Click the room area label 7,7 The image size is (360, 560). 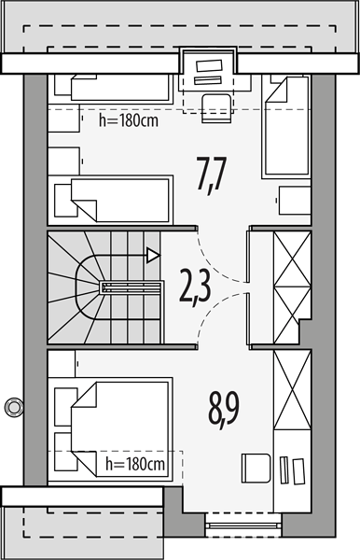pyautogui.click(x=211, y=175)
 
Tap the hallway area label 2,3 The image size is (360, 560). pyautogui.click(x=195, y=287)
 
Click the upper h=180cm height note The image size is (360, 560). pyautogui.click(x=129, y=120)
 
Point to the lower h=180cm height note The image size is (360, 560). pyautogui.click(x=135, y=464)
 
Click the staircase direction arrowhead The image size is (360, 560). pyautogui.click(x=153, y=256)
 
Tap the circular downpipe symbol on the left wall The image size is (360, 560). pyautogui.click(x=14, y=407)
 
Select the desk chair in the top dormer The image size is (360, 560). pyautogui.click(x=216, y=108)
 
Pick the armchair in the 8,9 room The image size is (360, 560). pyautogui.click(x=256, y=469)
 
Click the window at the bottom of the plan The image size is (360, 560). pyautogui.click(x=243, y=525)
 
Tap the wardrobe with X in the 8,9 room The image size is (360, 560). pyautogui.click(x=292, y=389)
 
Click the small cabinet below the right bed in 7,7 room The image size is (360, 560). pyautogui.click(x=295, y=201)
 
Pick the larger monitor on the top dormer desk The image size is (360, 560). pyautogui.click(x=209, y=66)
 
